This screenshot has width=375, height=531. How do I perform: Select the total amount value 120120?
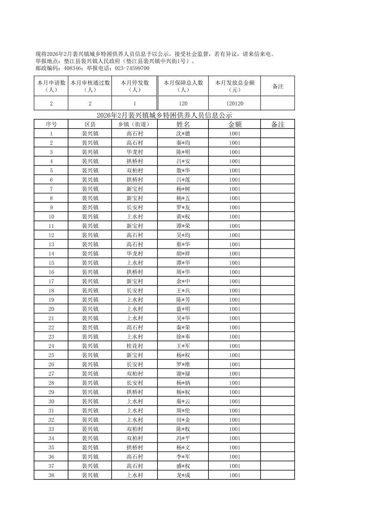click(235, 103)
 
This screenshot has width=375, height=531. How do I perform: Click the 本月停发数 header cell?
click(135, 86)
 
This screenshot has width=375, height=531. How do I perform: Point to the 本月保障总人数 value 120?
click(183, 103)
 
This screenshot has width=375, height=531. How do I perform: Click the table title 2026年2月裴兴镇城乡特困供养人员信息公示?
click(164, 115)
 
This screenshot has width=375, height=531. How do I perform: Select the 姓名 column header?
click(183, 124)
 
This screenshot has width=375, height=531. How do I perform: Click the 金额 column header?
click(235, 124)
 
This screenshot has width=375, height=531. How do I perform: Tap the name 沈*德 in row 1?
click(183, 133)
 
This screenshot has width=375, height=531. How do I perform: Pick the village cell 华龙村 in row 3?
click(135, 152)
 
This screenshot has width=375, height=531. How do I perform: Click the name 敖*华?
click(183, 170)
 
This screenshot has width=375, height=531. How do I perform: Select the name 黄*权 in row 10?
click(183, 217)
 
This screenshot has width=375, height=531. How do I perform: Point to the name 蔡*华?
click(183, 245)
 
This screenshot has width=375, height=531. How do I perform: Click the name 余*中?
click(183, 281)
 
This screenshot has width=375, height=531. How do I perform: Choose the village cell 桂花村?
click(135, 346)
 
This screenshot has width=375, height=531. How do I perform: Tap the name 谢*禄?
click(183, 374)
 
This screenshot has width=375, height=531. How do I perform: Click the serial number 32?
click(51, 420)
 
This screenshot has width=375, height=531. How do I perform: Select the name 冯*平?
click(183, 438)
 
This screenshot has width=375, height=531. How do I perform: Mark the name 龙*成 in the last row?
click(183, 475)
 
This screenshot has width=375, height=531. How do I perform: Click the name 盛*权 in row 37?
click(183, 466)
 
